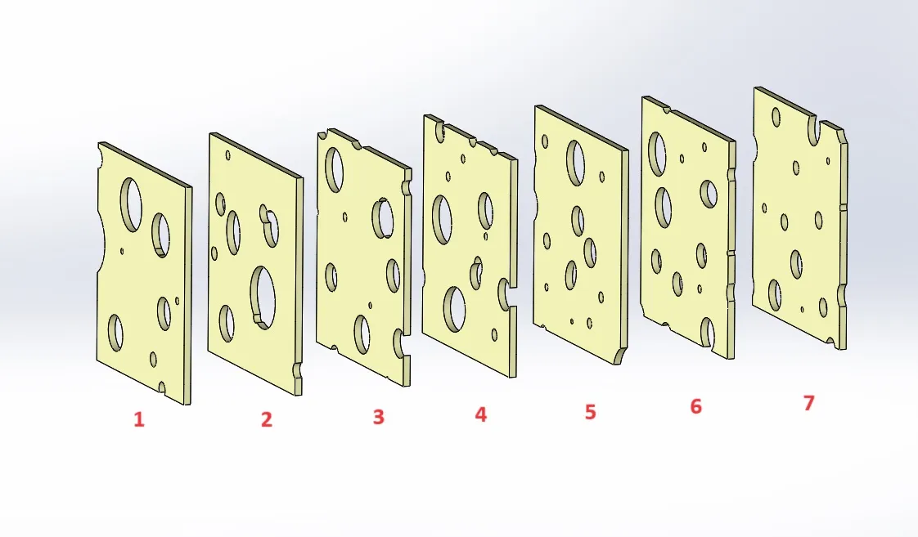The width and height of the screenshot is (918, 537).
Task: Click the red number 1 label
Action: coord(139,420)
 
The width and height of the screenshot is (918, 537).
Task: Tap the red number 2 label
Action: coord(266,420)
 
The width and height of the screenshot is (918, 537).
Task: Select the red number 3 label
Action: coord(378,417)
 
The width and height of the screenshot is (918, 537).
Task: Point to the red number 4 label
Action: coord(480,414)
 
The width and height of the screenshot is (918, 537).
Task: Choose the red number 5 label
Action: coord(591,412)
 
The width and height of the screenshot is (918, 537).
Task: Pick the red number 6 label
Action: coord(695,406)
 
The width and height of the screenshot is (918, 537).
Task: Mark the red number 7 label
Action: coord(809,403)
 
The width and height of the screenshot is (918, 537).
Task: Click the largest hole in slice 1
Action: coord(131,202)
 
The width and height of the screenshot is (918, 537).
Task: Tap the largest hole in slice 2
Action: coord(263,296)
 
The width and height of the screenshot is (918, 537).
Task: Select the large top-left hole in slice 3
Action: coord(335,168)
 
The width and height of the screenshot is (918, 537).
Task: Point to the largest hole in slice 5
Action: coord(576,162)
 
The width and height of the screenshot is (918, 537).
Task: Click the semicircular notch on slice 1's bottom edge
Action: coord(162,387)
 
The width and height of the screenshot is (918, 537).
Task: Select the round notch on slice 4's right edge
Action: coord(506,294)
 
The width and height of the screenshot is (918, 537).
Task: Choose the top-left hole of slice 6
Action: coord(656,153)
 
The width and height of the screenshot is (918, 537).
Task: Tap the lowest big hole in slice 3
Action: coord(362,333)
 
